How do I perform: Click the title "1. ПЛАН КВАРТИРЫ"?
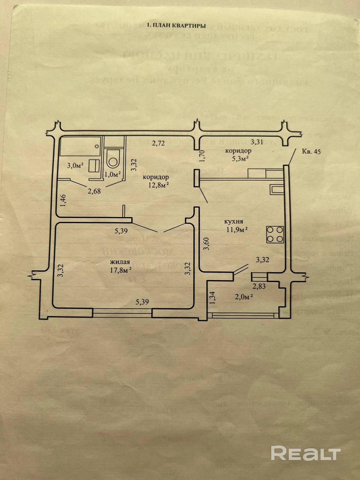[176, 26]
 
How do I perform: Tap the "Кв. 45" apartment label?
[311, 151]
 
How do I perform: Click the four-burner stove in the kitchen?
[274, 234]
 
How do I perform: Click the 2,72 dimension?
[158, 142]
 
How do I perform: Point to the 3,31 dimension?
[257, 142]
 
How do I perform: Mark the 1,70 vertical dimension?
[202, 156]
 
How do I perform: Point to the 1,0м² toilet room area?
[112, 174]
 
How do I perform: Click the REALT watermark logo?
[306, 453]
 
